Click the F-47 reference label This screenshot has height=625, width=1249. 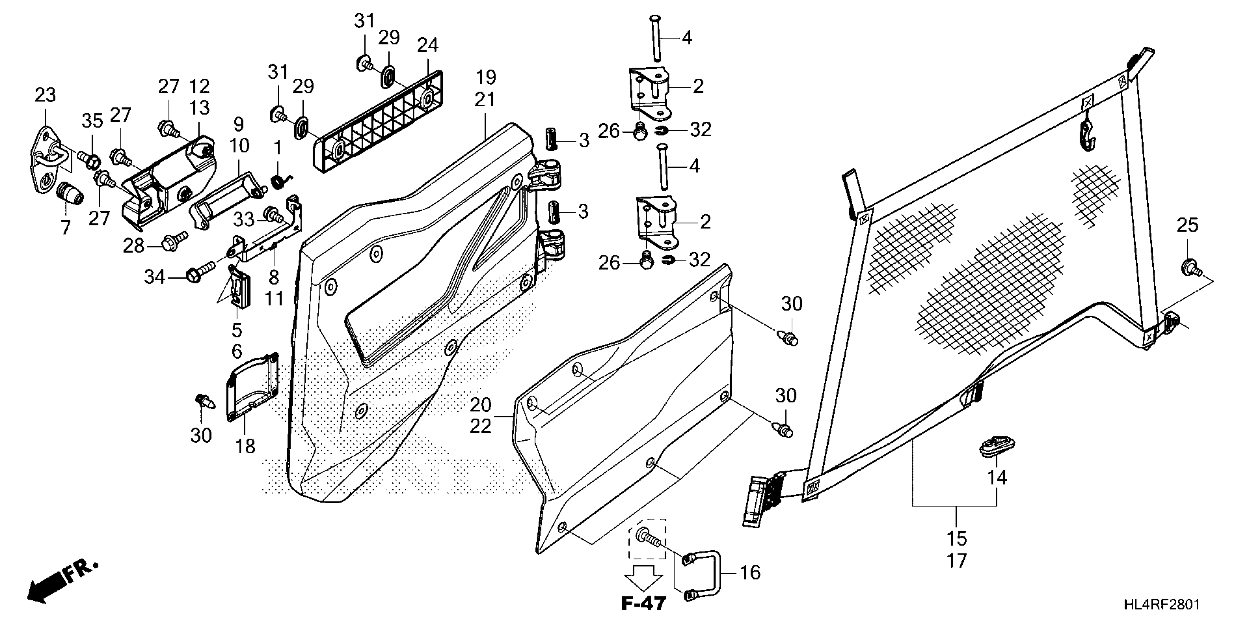point(643,603)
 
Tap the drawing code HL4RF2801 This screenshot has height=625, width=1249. point(1162,604)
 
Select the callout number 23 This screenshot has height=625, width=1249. point(45,95)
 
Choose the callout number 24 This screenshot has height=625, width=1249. point(428,45)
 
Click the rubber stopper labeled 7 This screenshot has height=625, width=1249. point(70,194)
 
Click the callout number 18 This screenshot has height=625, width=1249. point(245,446)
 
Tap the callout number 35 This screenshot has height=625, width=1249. point(92,121)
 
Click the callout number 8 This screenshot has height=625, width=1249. point(274,278)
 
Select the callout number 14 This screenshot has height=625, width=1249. point(998,478)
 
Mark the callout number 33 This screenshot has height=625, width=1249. point(244,219)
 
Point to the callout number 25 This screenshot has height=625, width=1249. point(1187,225)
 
